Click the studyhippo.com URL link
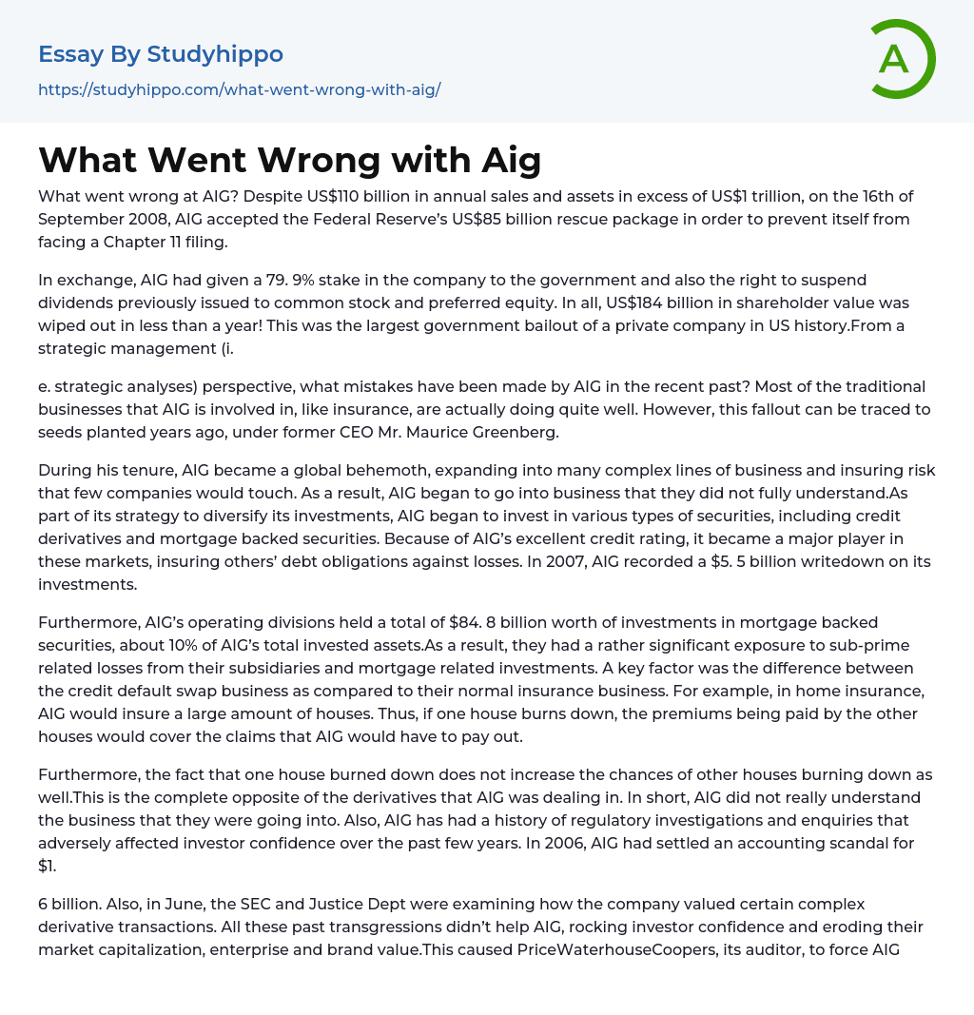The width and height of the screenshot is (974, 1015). tap(239, 89)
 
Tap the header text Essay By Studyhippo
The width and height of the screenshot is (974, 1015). tap(161, 54)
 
